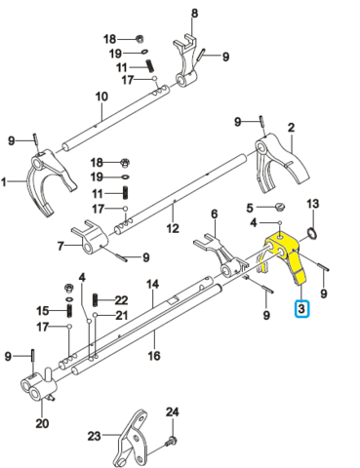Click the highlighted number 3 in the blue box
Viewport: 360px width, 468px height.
301,308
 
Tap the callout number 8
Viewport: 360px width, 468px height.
194,14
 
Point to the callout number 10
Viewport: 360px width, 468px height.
101,97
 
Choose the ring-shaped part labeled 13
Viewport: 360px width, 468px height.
311,233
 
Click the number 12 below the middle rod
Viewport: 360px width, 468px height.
173,228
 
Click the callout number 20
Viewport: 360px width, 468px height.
42,423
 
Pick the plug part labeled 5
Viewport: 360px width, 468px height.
279,207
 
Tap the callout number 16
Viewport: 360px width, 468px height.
154,355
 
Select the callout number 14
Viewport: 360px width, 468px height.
153,284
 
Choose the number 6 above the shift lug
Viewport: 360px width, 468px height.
215,214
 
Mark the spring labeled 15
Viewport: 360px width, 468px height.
69,311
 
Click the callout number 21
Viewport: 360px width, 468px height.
121,315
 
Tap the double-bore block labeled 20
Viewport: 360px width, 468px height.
38,385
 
